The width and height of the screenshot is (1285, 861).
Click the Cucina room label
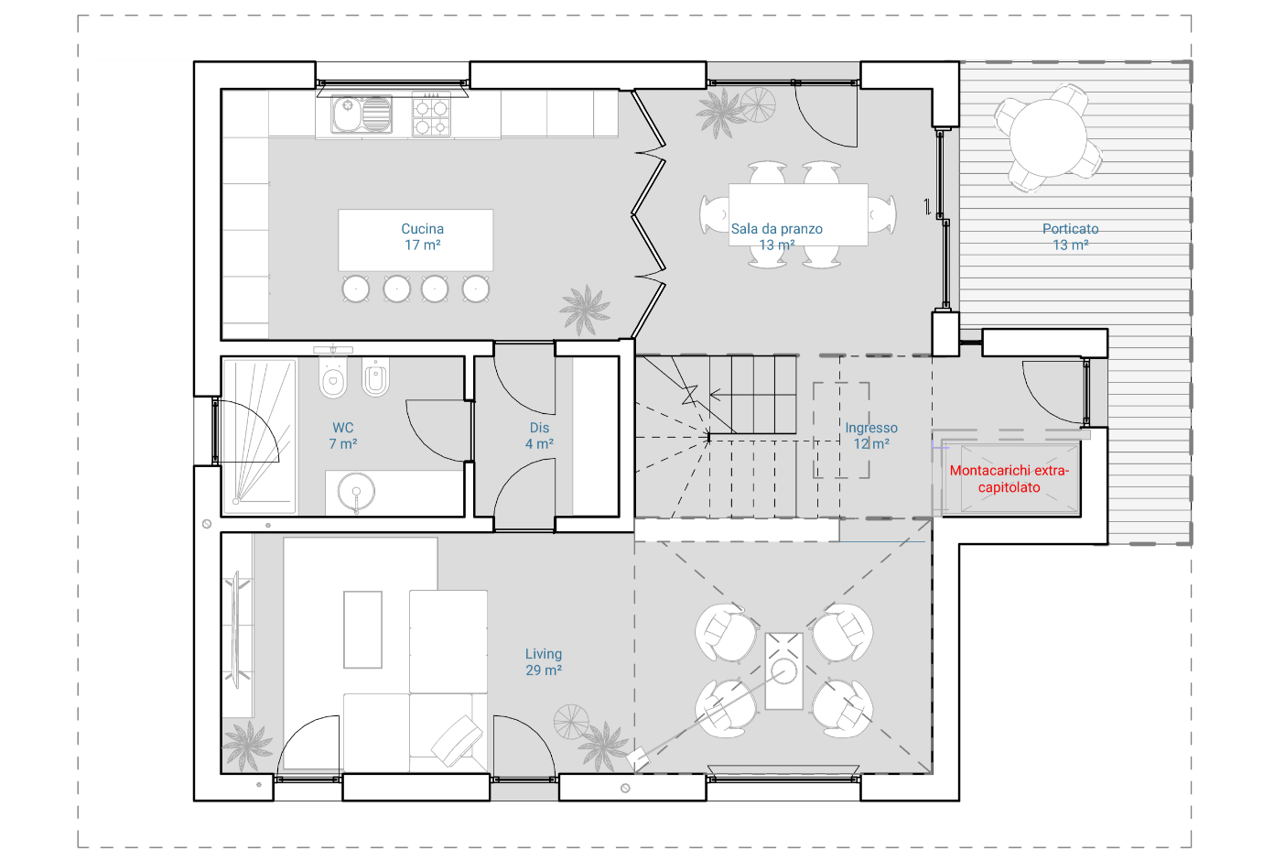[x=422, y=236]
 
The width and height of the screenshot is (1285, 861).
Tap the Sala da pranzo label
[x=776, y=236]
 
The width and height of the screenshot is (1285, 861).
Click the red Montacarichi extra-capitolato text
[x=1010, y=479]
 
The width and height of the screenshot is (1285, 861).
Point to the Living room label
[x=544, y=661]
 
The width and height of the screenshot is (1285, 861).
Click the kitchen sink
[x=362, y=114]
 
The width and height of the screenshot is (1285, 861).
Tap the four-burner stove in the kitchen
[x=431, y=116]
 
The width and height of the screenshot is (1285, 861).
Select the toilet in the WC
[x=333, y=377]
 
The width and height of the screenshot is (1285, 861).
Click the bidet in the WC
[x=376, y=377]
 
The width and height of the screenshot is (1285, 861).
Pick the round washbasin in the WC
[x=356, y=492]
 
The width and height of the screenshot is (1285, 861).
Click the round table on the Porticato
[x=1048, y=138]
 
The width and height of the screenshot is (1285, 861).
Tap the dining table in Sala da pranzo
[x=798, y=214]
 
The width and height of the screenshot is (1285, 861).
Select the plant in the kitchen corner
[x=585, y=310]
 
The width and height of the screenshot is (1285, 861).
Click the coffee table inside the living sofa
[x=362, y=629]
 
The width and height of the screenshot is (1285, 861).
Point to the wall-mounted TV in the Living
[x=236, y=629]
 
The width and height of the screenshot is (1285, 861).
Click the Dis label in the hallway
[x=539, y=428]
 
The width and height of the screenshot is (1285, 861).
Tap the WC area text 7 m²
[x=343, y=443]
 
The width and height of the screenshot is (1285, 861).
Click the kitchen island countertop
[x=416, y=240]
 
